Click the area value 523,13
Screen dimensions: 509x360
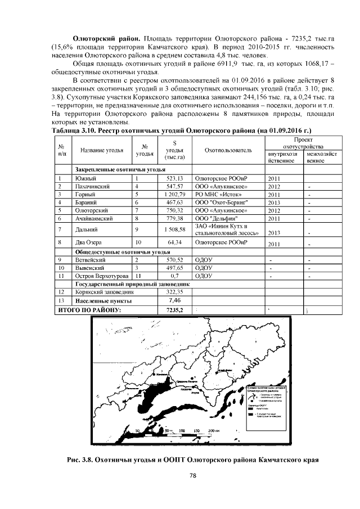pyautogui.click(x=175, y=178)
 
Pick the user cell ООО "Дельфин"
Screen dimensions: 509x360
pyautogui.click(x=215, y=218)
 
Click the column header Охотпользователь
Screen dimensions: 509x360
pyautogui.click(x=228, y=151)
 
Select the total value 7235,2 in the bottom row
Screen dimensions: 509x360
pyautogui.click(x=175, y=309)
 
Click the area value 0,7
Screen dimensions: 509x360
pyautogui.click(x=175, y=276)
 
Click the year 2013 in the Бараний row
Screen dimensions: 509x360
pyautogui.click(x=274, y=202)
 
